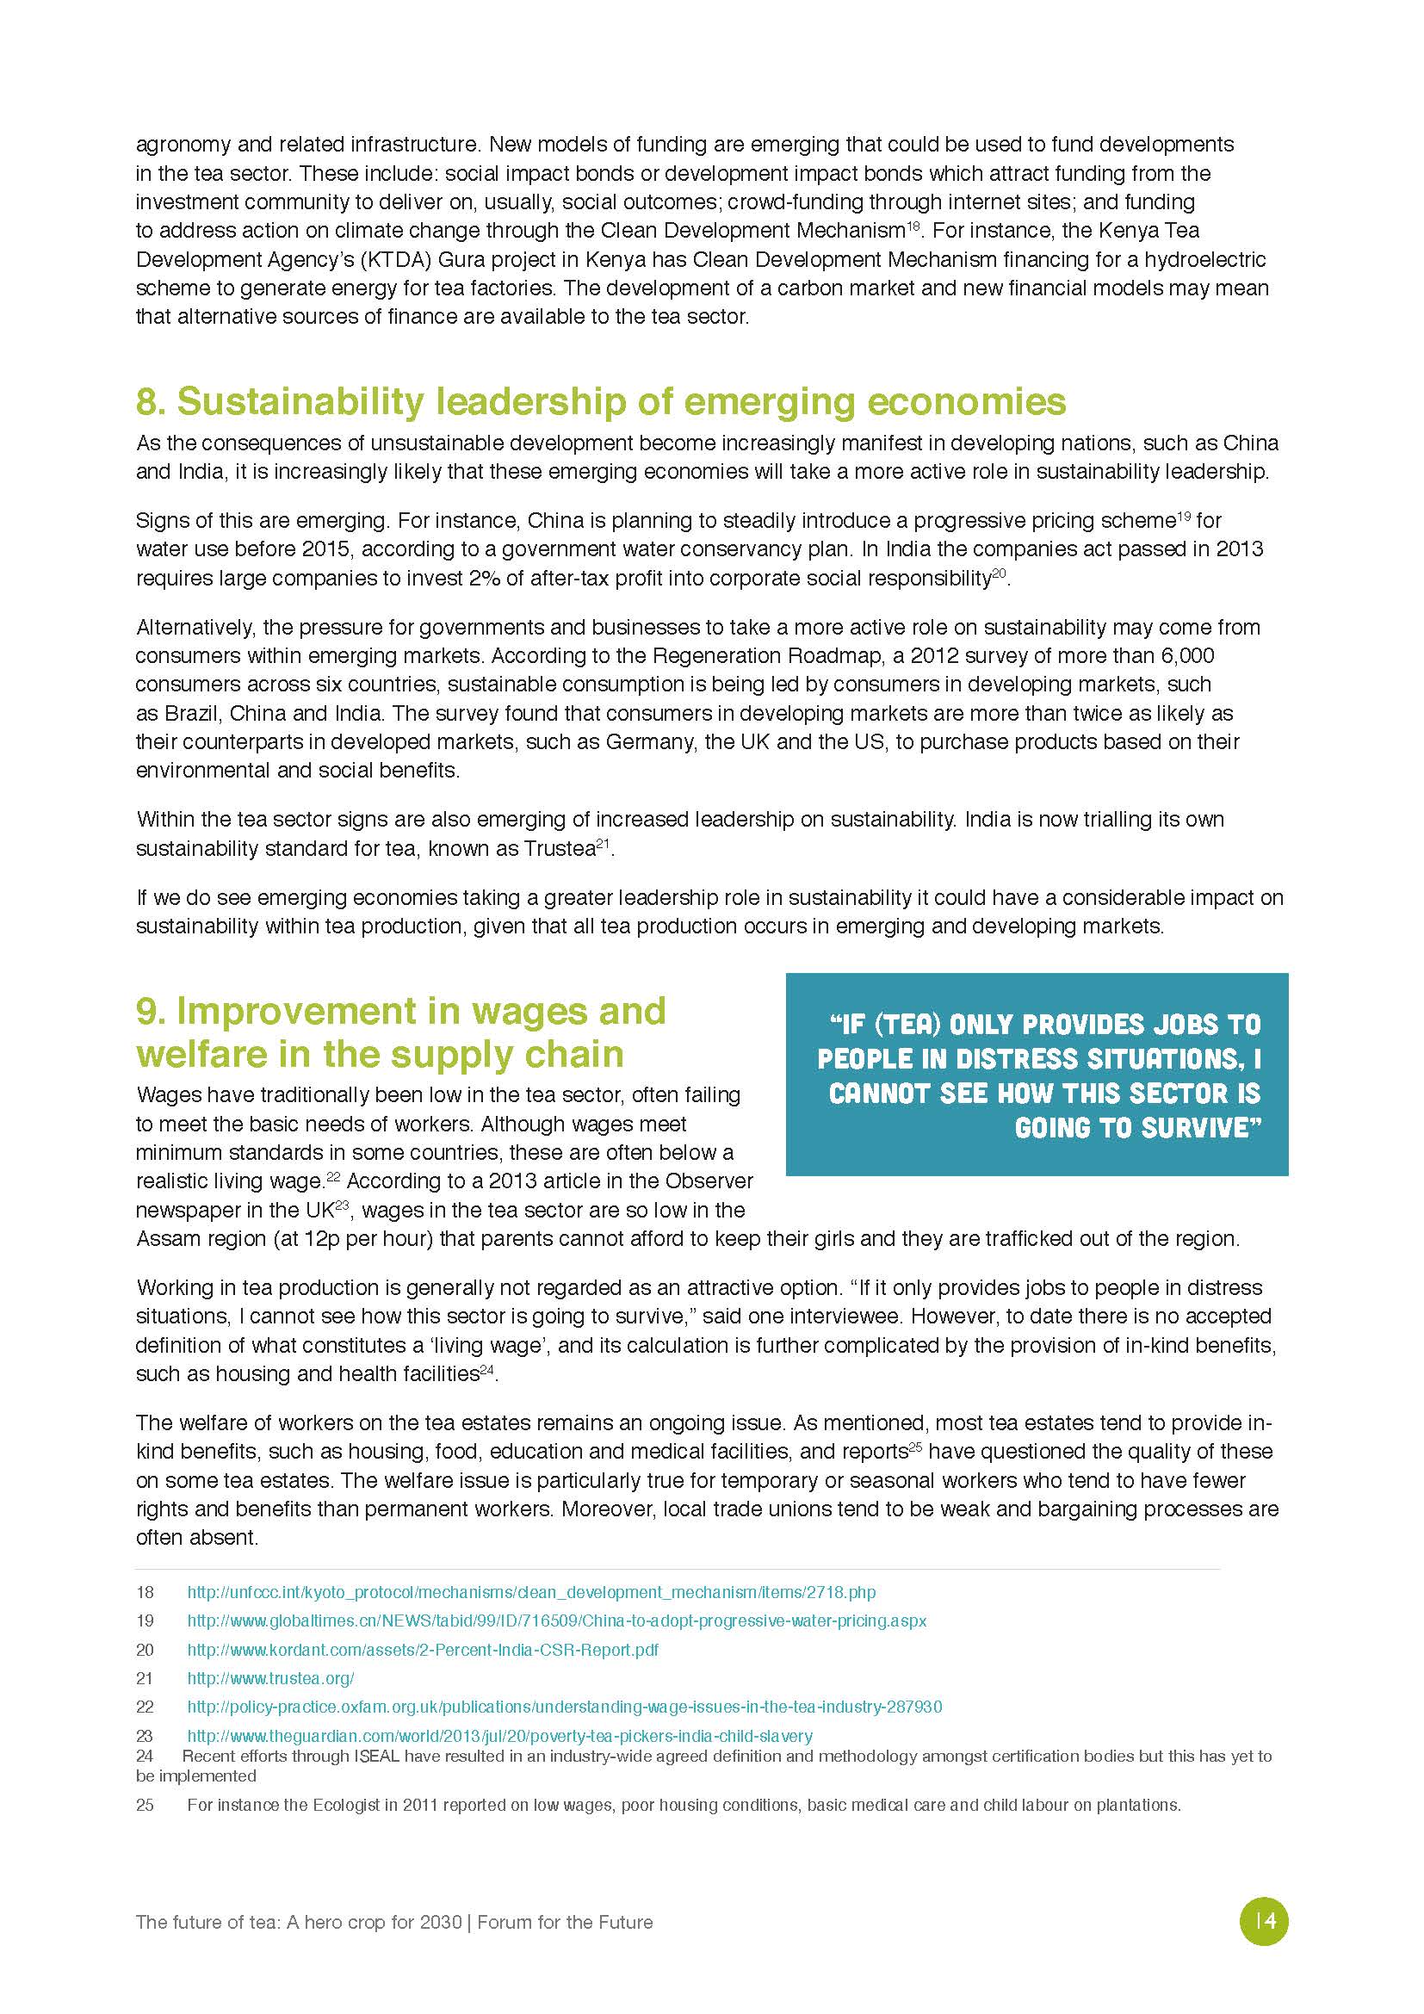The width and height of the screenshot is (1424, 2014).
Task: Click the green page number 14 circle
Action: point(1264,1921)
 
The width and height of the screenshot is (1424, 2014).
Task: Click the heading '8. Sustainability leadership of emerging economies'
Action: point(601,402)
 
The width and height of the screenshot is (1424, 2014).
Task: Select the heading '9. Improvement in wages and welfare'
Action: point(400,1032)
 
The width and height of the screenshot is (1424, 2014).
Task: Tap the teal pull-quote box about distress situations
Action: point(1037,1075)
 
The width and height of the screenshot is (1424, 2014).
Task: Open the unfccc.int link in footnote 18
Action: point(531,1592)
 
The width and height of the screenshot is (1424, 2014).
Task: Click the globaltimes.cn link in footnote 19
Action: point(557,1620)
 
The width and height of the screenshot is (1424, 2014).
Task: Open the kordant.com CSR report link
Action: point(423,1649)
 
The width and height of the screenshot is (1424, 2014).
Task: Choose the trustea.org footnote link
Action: point(270,1678)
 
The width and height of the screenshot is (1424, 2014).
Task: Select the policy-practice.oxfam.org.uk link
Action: point(565,1706)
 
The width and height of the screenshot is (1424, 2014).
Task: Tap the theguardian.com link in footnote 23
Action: point(500,1735)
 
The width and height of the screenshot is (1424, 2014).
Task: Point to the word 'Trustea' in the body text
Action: point(560,849)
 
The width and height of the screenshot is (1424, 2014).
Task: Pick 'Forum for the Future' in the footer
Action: point(566,1922)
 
